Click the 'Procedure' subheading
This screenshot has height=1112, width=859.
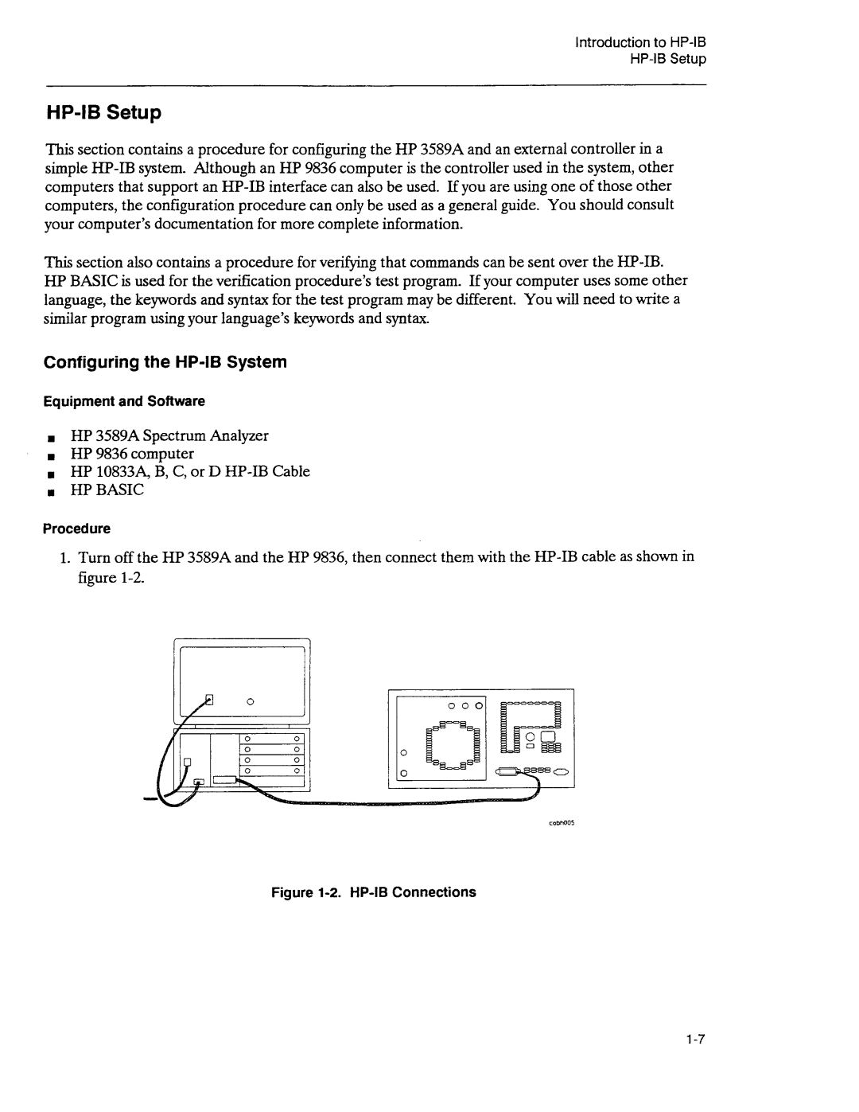[76, 529]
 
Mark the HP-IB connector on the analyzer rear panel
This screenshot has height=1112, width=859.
[514, 771]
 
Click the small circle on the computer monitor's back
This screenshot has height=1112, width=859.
[249, 701]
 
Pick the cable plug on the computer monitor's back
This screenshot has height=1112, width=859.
[210, 700]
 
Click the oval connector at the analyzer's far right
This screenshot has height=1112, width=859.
[561, 771]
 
